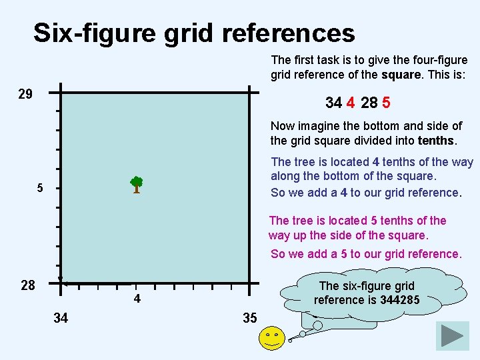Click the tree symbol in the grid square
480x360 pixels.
point(136,185)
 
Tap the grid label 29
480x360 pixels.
point(25,94)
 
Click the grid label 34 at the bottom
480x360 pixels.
point(61,318)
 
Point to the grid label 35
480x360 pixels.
point(250,318)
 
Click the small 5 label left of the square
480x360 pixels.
point(40,188)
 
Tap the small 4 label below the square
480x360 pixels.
point(137,299)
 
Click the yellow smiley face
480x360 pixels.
point(272,339)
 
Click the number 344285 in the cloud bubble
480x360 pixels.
point(399,299)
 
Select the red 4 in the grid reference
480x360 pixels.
point(350,103)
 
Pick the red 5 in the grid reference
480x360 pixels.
point(387,103)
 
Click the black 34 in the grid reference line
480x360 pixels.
point(333,103)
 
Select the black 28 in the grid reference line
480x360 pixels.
point(369,103)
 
